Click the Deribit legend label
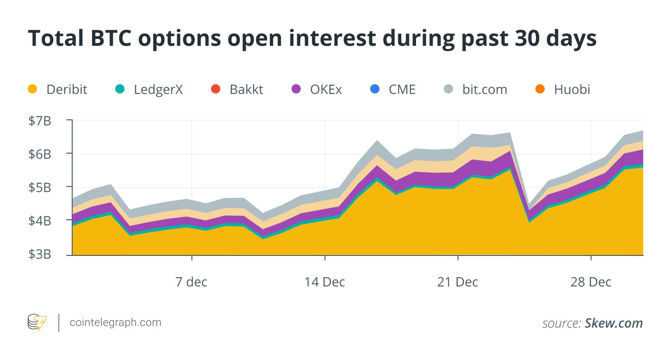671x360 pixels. click(x=67, y=89)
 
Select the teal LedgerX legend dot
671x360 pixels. click(x=119, y=89)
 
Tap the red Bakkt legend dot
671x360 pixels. click(x=215, y=89)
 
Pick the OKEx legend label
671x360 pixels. click(x=326, y=89)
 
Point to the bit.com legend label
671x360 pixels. click(x=485, y=89)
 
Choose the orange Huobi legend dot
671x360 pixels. click(x=540, y=89)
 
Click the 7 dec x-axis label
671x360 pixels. click(x=192, y=282)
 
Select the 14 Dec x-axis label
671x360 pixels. click(x=325, y=282)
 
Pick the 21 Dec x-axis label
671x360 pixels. click(x=458, y=282)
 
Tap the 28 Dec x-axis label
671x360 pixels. click(x=591, y=282)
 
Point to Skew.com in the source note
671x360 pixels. click(x=614, y=323)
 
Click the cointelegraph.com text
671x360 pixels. click(x=115, y=323)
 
